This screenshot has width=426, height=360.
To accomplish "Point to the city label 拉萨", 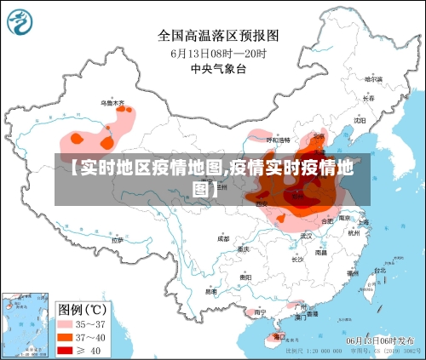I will click(x=117, y=240).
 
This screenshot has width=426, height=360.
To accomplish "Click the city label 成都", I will click(x=223, y=238).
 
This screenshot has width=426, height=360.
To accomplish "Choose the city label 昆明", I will click(x=210, y=291).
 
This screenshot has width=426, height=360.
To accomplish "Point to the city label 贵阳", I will click(x=245, y=277).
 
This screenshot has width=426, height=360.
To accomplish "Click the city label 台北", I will click(x=379, y=271).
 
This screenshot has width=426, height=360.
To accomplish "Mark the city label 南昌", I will click(x=321, y=252).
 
